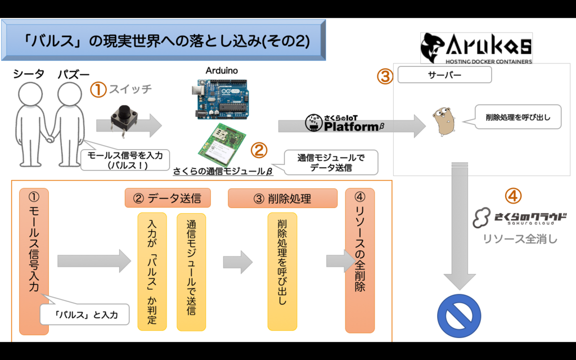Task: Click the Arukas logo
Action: [x=476, y=48]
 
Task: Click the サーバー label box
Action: [x=444, y=75]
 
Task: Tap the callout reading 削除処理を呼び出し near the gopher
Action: [x=517, y=118]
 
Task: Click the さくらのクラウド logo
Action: [x=519, y=218]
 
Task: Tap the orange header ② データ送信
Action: [x=168, y=198]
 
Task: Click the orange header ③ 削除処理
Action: [x=282, y=198]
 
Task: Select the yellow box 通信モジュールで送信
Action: [x=191, y=271]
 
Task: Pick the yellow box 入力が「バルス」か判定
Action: [x=152, y=271]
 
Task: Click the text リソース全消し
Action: [x=520, y=238]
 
